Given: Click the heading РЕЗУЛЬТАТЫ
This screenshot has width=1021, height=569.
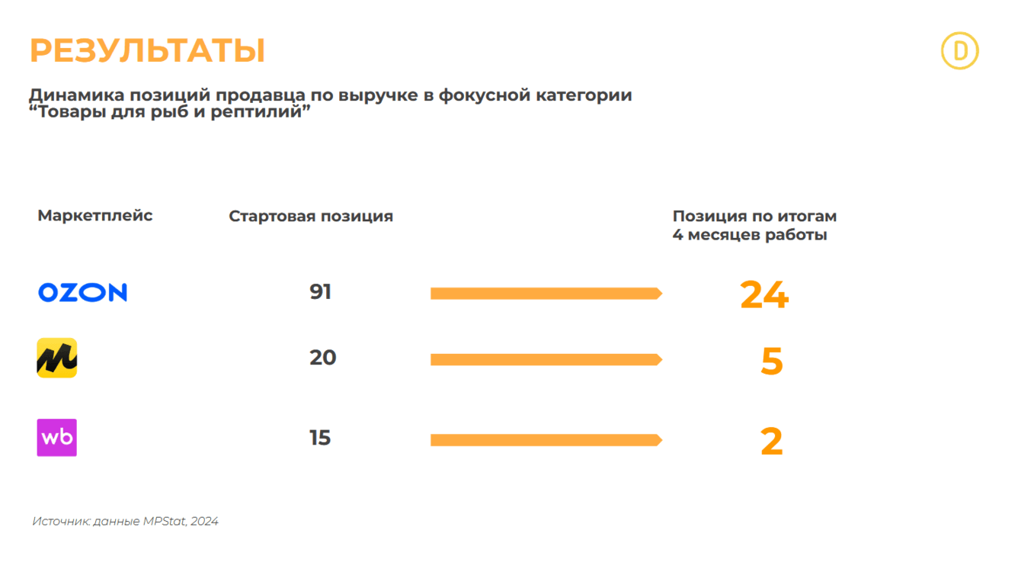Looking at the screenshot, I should [147, 51].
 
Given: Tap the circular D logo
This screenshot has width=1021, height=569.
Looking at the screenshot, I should [959, 51].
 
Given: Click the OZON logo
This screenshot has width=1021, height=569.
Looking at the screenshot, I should [82, 292].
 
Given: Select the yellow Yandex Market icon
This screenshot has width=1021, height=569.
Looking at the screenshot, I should [57, 358].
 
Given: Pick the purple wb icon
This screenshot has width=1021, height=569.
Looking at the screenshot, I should [57, 438].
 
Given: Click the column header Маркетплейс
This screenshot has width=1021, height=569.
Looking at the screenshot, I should [95, 216].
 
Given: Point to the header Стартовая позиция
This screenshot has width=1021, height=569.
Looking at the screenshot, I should [311, 217].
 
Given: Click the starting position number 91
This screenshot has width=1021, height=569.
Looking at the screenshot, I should [321, 292].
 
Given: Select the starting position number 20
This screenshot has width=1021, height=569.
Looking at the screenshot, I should [323, 358].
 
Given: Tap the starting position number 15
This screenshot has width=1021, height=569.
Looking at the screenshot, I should [320, 438].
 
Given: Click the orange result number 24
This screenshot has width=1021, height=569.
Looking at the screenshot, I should [764, 294].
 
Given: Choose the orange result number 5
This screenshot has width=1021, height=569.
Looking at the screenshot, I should [772, 361].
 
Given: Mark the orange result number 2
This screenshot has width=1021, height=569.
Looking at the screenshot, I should [772, 442].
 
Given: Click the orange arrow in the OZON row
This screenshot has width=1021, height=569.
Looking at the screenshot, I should [546, 294].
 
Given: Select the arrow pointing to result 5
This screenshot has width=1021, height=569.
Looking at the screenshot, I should [546, 359].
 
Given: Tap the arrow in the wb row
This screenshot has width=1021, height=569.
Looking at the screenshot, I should [546, 440].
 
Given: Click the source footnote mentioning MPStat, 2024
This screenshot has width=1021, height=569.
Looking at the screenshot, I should [125, 522].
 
